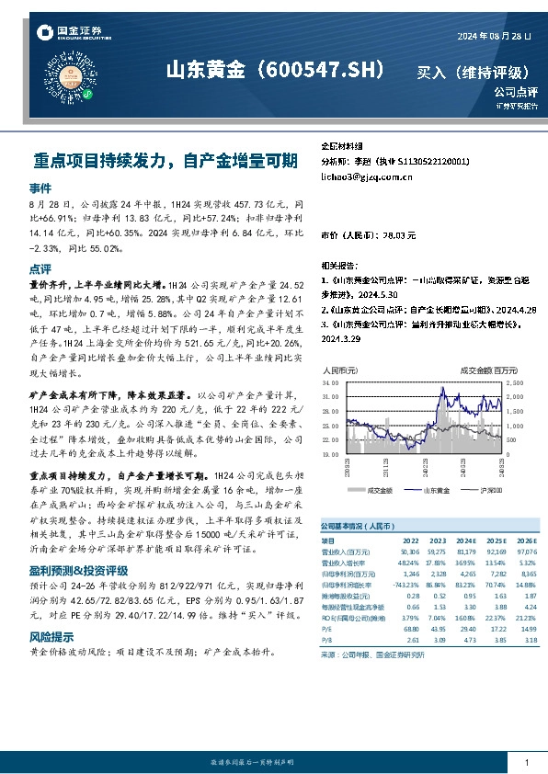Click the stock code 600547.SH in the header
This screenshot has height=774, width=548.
point(325,70)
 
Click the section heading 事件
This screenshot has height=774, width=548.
point(40,187)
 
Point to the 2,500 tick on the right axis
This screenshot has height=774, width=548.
point(515,381)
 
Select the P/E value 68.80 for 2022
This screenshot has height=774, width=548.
point(387,629)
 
